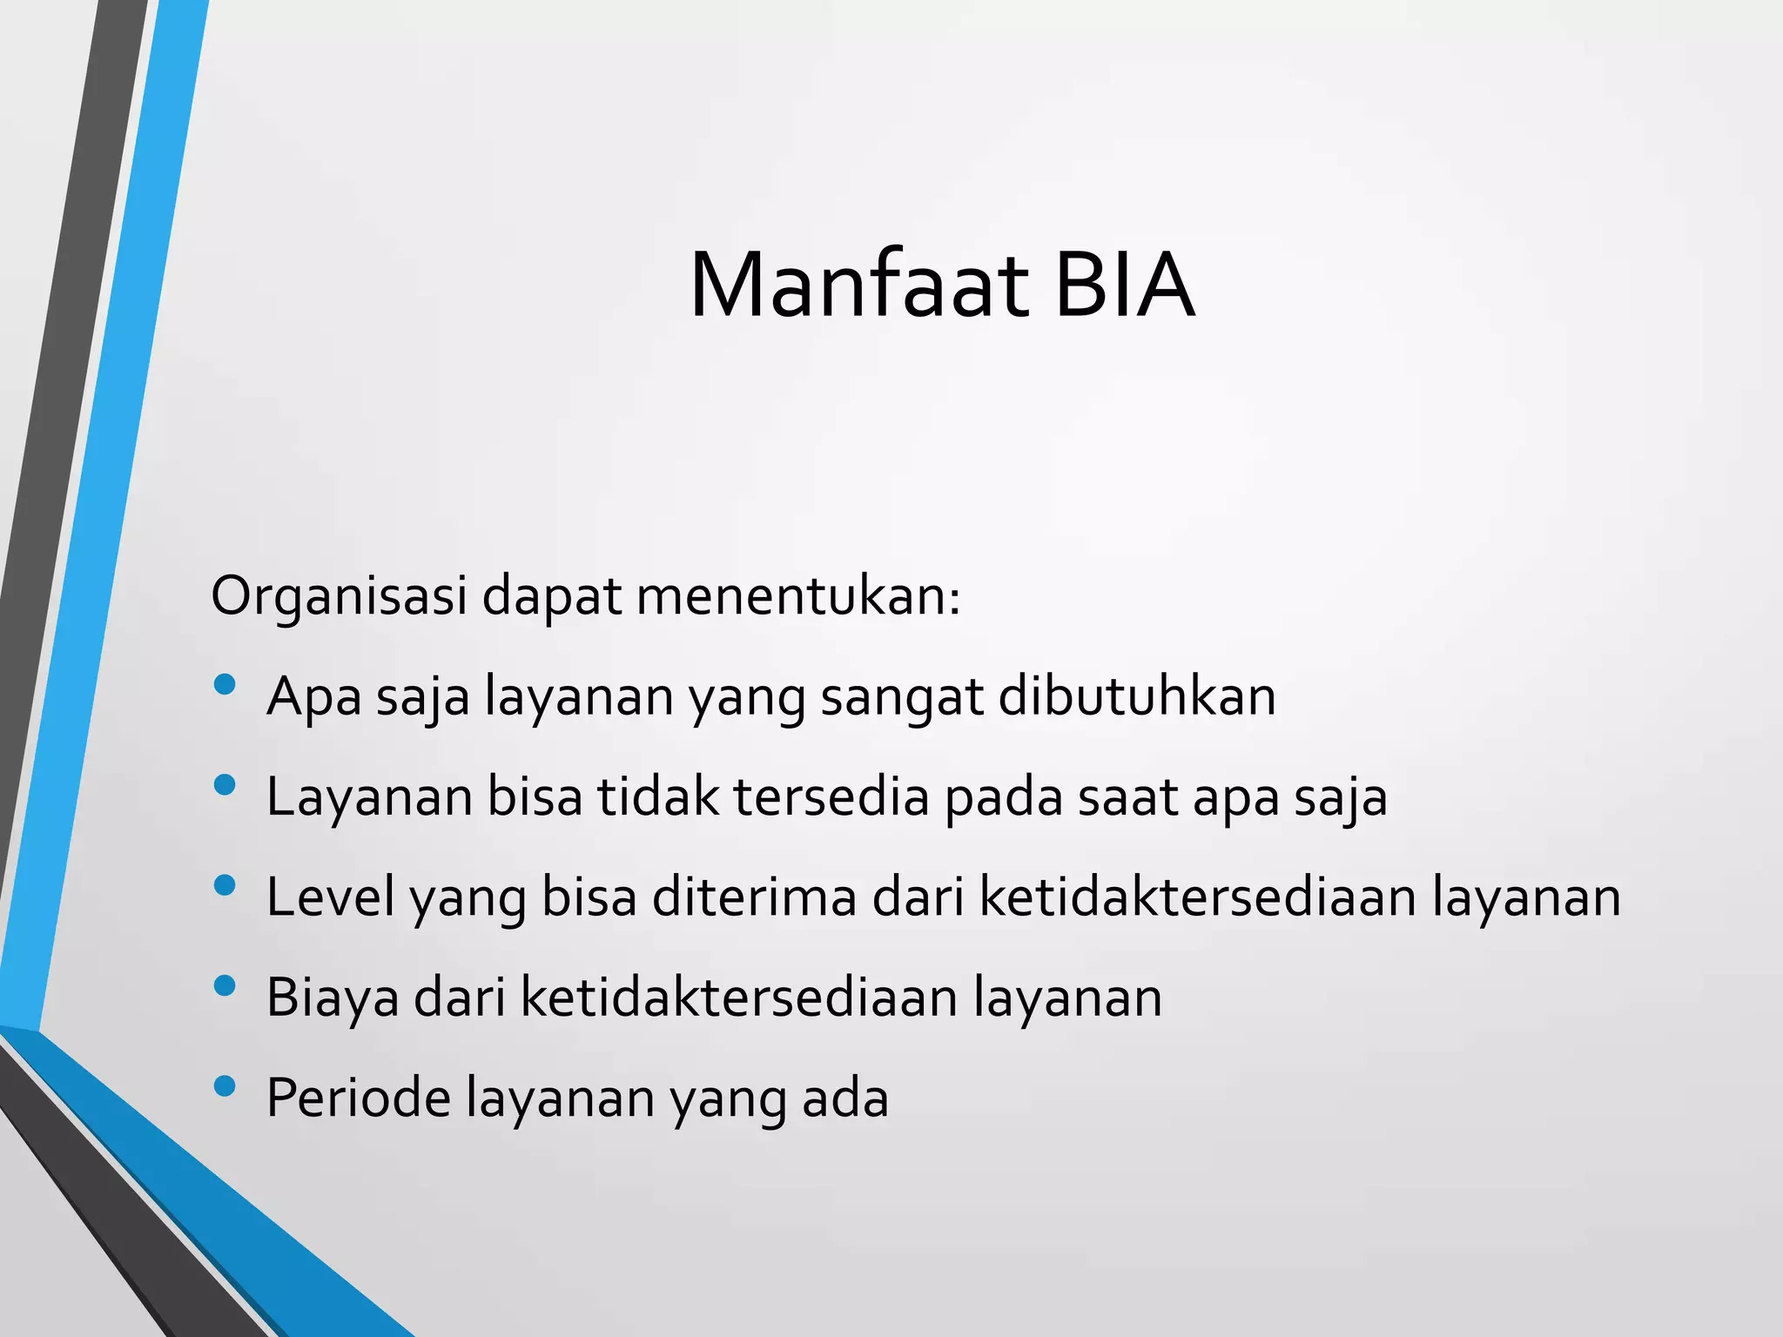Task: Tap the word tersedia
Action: pyautogui.click(x=831, y=796)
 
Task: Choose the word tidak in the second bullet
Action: pyautogui.click(x=657, y=796)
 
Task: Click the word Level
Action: pyautogui.click(x=330, y=897)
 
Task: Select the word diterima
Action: pyautogui.click(x=754, y=897)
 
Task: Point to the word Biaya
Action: pyautogui.click(x=333, y=998)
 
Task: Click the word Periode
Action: pyautogui.click(x=358, y=1098)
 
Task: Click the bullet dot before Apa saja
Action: pyautogui.click(x=225, y=685)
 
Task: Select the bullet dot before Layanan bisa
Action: pyautogui.click(x=225, y=785)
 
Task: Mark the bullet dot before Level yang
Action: pyautogui.click(x=225, y=885)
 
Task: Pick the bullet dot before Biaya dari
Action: pyautogui.click(x=225, y=985)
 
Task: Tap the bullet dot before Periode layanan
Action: pyautogui.click(x=225, y=1085)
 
